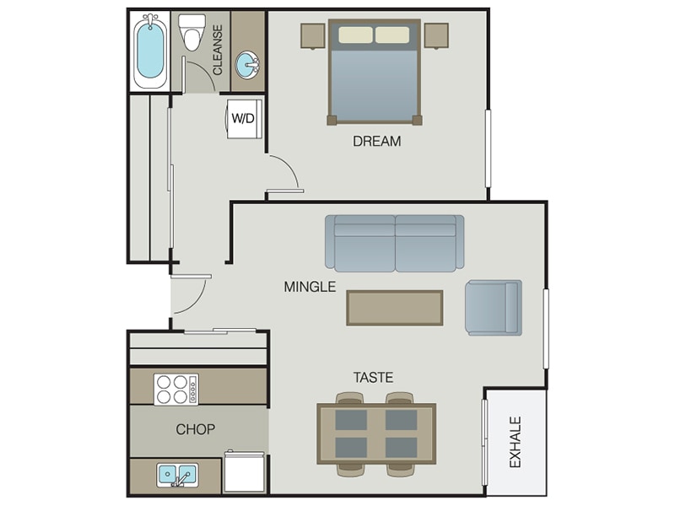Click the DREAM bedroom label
click(376, 141)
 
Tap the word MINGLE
click(310, 287)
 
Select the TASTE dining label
click(373, 378)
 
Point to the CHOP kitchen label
click(195, 429)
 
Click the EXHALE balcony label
click(516, 442)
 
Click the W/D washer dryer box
click(243, 118)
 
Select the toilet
click(193, 33)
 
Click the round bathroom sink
click(248, 63)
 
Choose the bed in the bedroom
click(374, 72)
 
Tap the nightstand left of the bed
click(313, 36)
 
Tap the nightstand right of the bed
click(436, 36)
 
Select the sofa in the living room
click(395, 242)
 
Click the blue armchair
click(494, 307)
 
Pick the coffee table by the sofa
click(394, 307)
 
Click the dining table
click(376, 433)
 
